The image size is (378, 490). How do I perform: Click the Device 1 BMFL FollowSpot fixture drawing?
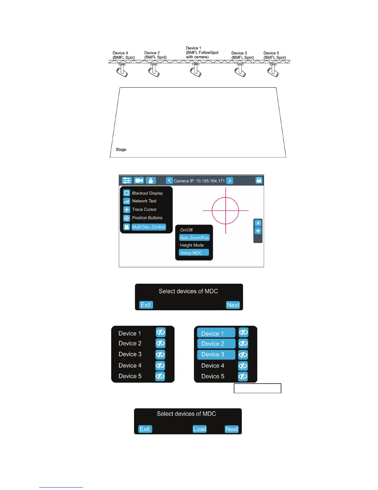tap(196, 70)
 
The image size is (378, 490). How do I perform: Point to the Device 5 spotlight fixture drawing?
tap(273, 70)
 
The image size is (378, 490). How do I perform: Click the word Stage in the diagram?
tap(121, 149)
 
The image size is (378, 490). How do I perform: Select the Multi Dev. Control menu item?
tap(149, 227)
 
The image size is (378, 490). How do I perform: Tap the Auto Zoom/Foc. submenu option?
tap(195, 238)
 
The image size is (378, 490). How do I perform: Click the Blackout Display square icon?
tap(127, 193)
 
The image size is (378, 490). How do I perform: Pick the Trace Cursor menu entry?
tap(144, 209)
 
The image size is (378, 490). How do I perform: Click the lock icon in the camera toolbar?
tap(259, 180)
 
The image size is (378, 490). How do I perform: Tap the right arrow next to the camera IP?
tap(230, 181)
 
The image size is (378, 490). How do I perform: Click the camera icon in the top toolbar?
tap(139, 180)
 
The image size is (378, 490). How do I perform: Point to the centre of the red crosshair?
tap(226, 211)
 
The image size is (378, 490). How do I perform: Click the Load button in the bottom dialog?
tap(199, 429)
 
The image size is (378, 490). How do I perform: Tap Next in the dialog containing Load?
tap(232, 429)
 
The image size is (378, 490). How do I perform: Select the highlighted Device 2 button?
tap(216, 344)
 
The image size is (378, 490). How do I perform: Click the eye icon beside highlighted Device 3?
tap(243, 355)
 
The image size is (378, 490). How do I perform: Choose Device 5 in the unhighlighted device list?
tap(130, 376)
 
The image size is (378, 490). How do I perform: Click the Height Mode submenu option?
tap(192, 245)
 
